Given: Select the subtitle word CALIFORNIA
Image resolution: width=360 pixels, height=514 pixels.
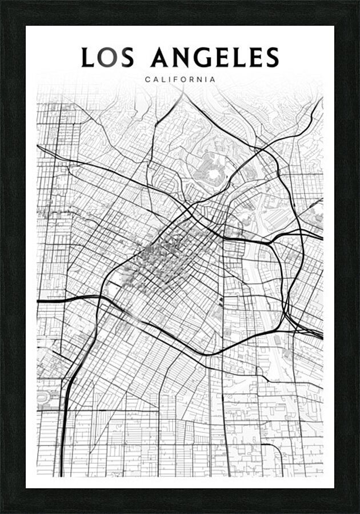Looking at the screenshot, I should (180, 79).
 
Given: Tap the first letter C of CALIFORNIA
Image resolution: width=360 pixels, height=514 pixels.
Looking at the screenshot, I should (147, 79).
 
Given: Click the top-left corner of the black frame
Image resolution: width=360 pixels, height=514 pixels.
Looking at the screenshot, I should (2, 2).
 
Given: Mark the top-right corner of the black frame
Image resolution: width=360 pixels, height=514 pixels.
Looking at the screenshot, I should (358, 2).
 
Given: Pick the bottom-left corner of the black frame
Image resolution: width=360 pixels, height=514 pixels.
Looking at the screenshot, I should (2, 512).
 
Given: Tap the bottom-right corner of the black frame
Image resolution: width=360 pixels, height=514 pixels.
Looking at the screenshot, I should (358, 512).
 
